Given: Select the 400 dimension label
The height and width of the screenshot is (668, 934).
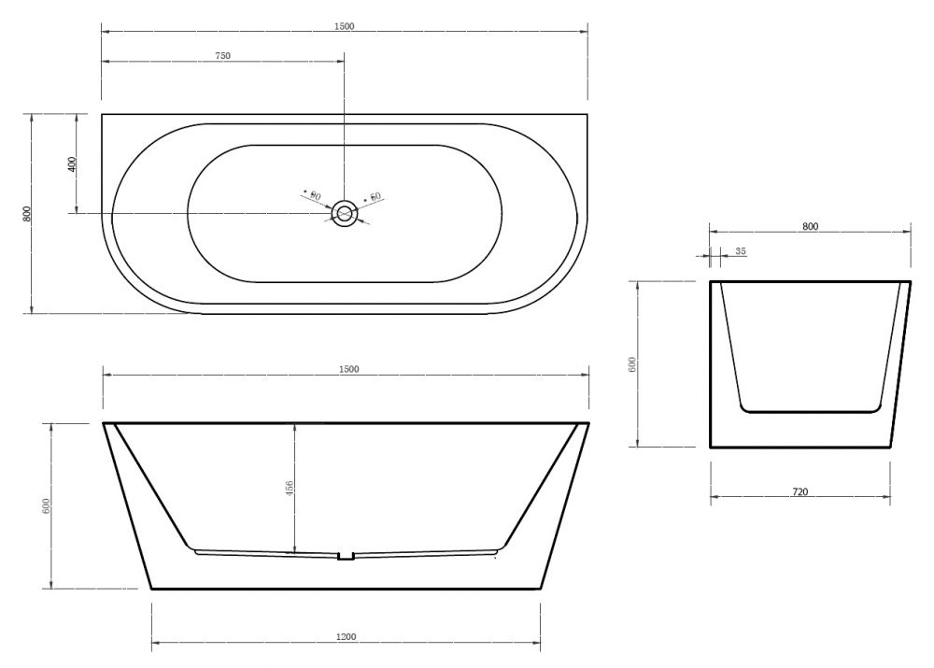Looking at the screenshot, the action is [x=73, y=163].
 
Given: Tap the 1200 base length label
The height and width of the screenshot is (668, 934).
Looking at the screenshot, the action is [x=347, y=636].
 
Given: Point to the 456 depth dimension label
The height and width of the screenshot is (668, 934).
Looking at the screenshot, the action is [x=290, y=490].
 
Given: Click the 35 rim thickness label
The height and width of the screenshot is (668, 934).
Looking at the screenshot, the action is [x=741, y=251].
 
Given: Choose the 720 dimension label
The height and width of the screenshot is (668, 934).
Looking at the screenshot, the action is [x=800, y=492].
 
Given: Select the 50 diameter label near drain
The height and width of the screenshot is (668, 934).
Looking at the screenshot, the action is [x=375, y=196].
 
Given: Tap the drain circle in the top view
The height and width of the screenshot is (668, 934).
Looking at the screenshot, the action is [x=344, y=213].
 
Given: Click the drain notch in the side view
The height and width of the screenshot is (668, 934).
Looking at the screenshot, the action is [x=347, y=556].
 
